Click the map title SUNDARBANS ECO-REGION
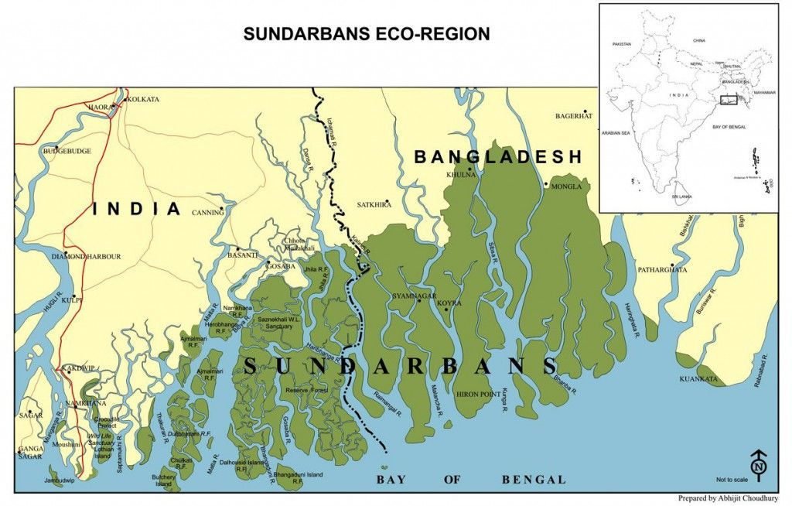[x=367, y=34]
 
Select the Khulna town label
[x=462, y=175]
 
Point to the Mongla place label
[x=565, y=186]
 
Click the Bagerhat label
[x=573, y=116]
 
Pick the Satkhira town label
[x=374, y=205]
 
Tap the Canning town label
[x=207, y=213]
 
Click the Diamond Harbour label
[x=86, y=256]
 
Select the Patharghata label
[x=662, y=270]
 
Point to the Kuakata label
[x=698, y=380]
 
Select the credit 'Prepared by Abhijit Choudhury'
[x=728, y=498]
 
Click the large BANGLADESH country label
[x=498, y=157]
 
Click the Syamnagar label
[x=415, y=296]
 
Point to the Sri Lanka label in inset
[x=681, y=197]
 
